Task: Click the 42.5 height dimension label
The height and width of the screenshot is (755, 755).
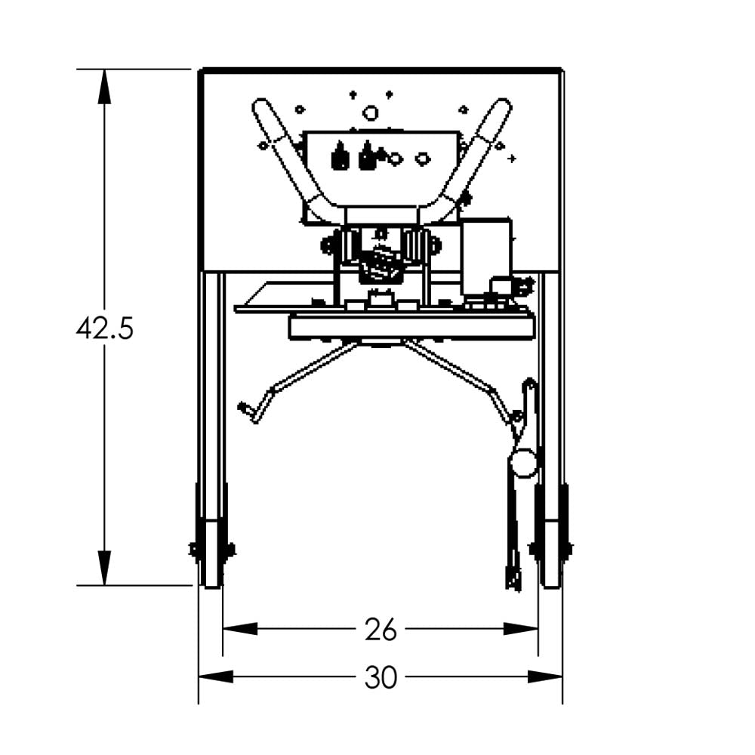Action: click(104, 329)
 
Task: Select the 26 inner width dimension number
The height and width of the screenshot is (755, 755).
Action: click(380, 629)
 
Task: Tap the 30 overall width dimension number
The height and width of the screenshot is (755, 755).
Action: click(380, 678)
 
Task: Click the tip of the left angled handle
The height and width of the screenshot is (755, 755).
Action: click(261, 106)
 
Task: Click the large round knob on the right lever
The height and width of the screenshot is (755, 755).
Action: click(523, 461)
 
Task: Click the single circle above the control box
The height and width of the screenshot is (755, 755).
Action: click(370, 113)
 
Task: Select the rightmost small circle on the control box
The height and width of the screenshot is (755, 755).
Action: click(423, 159)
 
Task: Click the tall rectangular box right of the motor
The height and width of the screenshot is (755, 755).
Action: click(486, 257)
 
